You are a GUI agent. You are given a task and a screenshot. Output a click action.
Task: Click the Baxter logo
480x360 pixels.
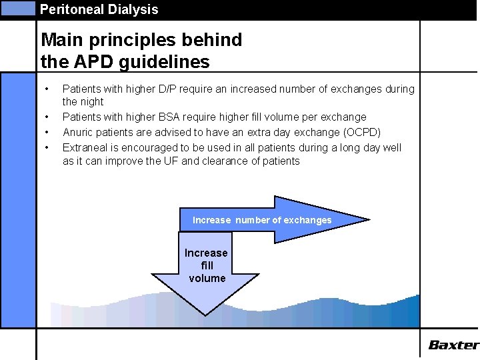(453, 345)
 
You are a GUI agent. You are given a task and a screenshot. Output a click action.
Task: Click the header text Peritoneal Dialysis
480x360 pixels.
(99, 9)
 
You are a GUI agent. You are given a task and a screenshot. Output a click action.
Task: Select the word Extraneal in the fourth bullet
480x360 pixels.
(85, 147)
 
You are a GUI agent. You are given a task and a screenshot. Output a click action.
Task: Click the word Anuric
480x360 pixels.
(78, 132)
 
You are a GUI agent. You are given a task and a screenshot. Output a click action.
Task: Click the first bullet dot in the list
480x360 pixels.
(46, 89)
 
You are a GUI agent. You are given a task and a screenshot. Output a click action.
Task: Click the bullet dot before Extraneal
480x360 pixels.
(46, 147)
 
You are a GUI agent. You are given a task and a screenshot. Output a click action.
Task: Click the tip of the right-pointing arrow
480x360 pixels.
(367, 219)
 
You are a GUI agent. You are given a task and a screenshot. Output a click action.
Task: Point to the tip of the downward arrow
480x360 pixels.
(205, 313)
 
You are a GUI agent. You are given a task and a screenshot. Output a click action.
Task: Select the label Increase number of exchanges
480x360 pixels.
(262, 220)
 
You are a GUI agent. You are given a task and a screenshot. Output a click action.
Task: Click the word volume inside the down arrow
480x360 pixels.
(207, 278)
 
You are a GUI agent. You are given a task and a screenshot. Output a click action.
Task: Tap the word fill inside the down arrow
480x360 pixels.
(207, 265)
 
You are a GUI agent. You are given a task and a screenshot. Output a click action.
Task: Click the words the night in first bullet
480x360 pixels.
(83, 102)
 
